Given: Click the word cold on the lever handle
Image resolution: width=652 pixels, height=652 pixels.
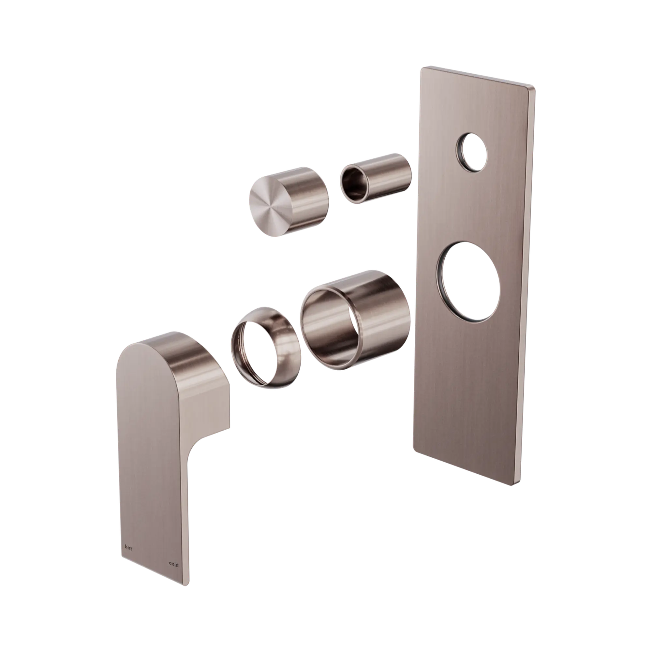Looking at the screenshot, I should pyautogui.click(x=173, y=565).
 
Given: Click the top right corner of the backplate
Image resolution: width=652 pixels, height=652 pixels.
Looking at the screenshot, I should pyautogui.click(x=535, y=88).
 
